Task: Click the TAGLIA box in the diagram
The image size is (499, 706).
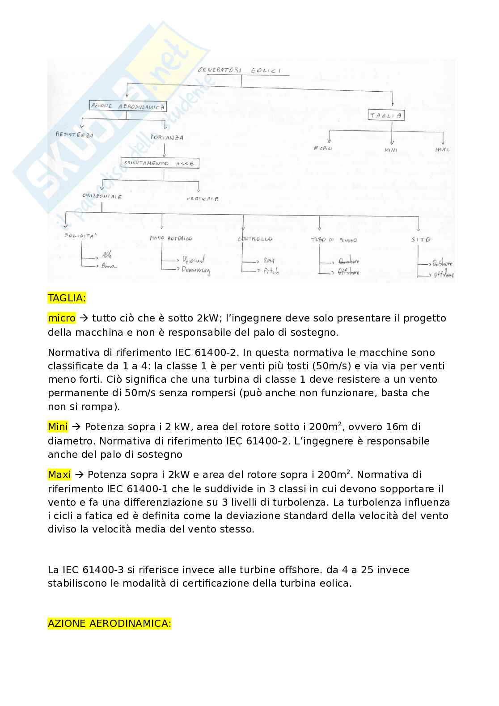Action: tap(386, 115)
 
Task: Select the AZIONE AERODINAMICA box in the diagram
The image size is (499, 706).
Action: tap(128, 106)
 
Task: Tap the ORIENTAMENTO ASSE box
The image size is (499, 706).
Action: tap(160, 163)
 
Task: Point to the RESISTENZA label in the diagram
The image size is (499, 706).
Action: tap(74, 135)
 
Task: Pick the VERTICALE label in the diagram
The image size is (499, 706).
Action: tap(203, 199)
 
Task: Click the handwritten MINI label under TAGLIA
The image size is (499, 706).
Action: tap(390, 150)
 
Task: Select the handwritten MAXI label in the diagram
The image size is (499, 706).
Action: tap(442, 149)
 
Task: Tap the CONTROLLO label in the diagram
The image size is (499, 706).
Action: tap(255, 239)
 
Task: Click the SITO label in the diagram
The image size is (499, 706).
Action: tap(420, 240)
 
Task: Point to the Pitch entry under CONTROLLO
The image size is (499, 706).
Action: tap(271, 271)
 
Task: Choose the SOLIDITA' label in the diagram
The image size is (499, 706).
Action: tap(80, 235)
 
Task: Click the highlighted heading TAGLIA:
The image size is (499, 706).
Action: tap(67, 298)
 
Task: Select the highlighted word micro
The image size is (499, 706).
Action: tap(62, 318)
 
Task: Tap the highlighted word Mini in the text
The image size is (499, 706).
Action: tap(58, 427)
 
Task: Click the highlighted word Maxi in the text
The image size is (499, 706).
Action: tap(59, 475)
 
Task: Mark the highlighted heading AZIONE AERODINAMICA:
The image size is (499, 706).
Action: tap(109, 624)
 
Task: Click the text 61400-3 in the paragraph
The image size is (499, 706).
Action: tap(103, 570)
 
